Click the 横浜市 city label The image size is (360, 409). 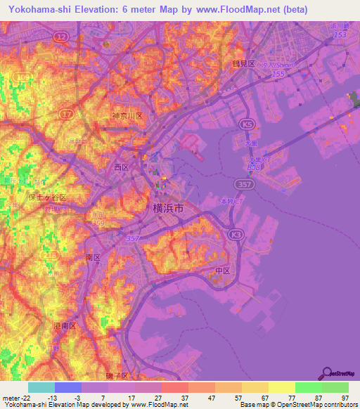[169, 208]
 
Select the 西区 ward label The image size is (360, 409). [121, 168]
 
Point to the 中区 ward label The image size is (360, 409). [223, 271]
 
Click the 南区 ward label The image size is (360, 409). [93, 258]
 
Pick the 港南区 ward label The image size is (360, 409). [73, 327]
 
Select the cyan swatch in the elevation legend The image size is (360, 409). [41, 387]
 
